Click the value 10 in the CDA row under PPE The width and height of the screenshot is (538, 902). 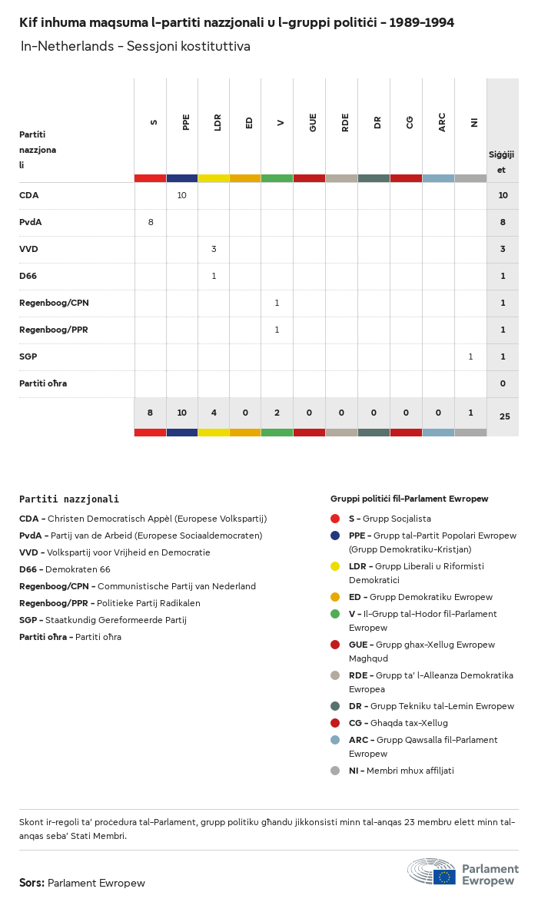[182, 195]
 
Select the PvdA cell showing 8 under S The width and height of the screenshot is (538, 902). [151, 222]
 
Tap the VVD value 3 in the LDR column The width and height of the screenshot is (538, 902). [214, 249]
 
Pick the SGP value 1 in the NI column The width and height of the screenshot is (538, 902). [470, 356]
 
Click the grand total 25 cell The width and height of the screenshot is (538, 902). [504, 416]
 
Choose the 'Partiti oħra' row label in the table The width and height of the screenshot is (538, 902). [43, 383]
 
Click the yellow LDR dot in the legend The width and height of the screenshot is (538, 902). [335, 566]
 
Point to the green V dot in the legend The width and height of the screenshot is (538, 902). [335, 614]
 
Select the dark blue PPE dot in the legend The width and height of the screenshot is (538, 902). [335, 536]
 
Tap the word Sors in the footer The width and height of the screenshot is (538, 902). [32, 883]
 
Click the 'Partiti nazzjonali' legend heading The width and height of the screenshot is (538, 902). [69, 499]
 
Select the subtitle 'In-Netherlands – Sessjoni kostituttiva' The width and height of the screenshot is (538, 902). [135, 47]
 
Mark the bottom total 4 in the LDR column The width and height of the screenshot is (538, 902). [214, 413]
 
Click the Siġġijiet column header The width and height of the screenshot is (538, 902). [502, 161]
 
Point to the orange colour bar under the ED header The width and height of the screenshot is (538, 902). [245, 178]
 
